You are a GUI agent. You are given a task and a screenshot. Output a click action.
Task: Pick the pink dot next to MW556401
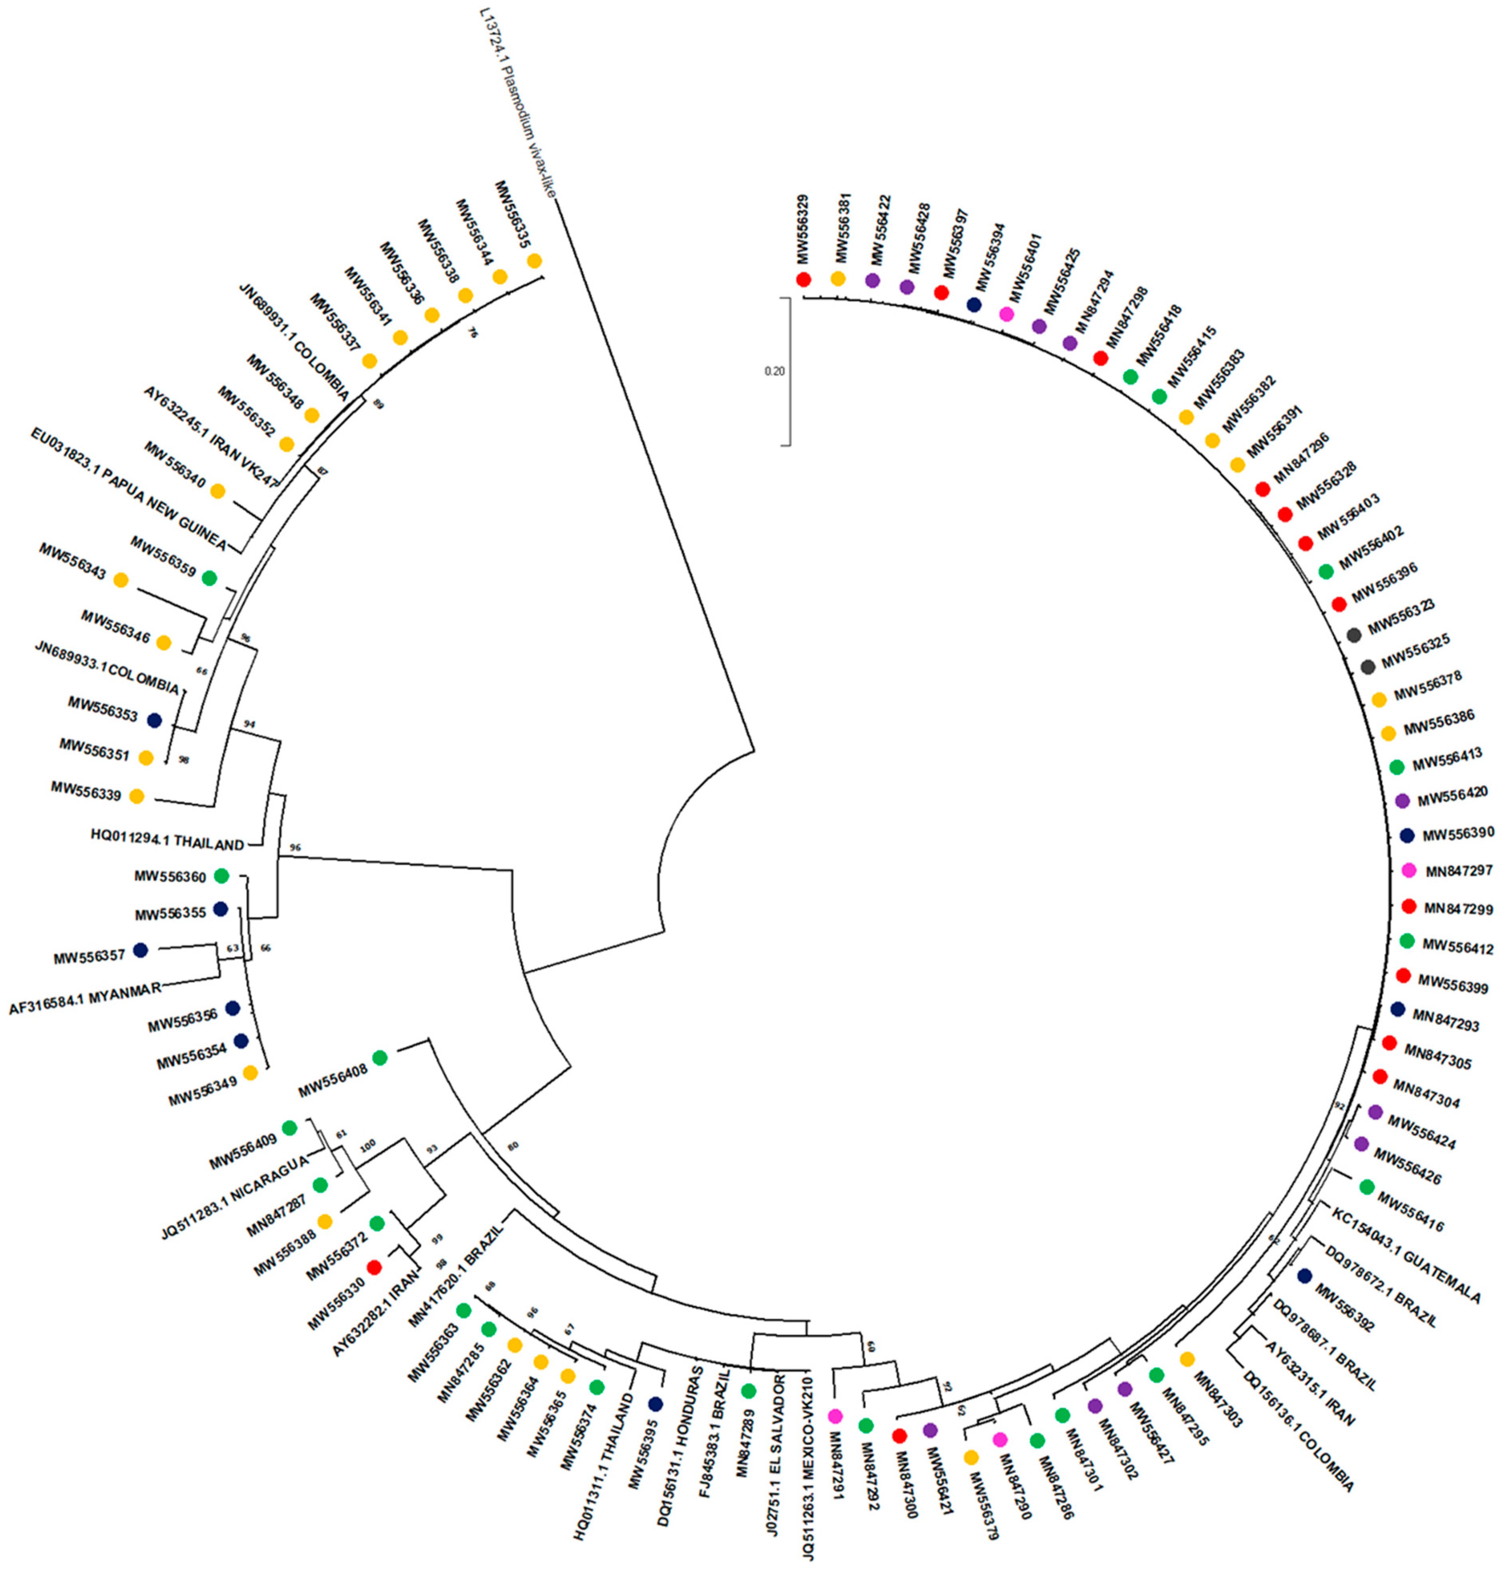pyautogui.click(x=1007, y=315)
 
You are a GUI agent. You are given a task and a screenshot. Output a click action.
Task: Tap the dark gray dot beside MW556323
pyautogui.click(x=1354, y=635)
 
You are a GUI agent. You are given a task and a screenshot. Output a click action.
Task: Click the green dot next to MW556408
pyautogui.click(x=380, y=1058)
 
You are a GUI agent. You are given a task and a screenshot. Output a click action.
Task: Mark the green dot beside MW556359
pyautogui.click(x=209, y=577)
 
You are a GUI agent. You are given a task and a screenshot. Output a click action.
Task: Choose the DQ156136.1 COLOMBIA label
pyautogui.click(x=1298, y=1429)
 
